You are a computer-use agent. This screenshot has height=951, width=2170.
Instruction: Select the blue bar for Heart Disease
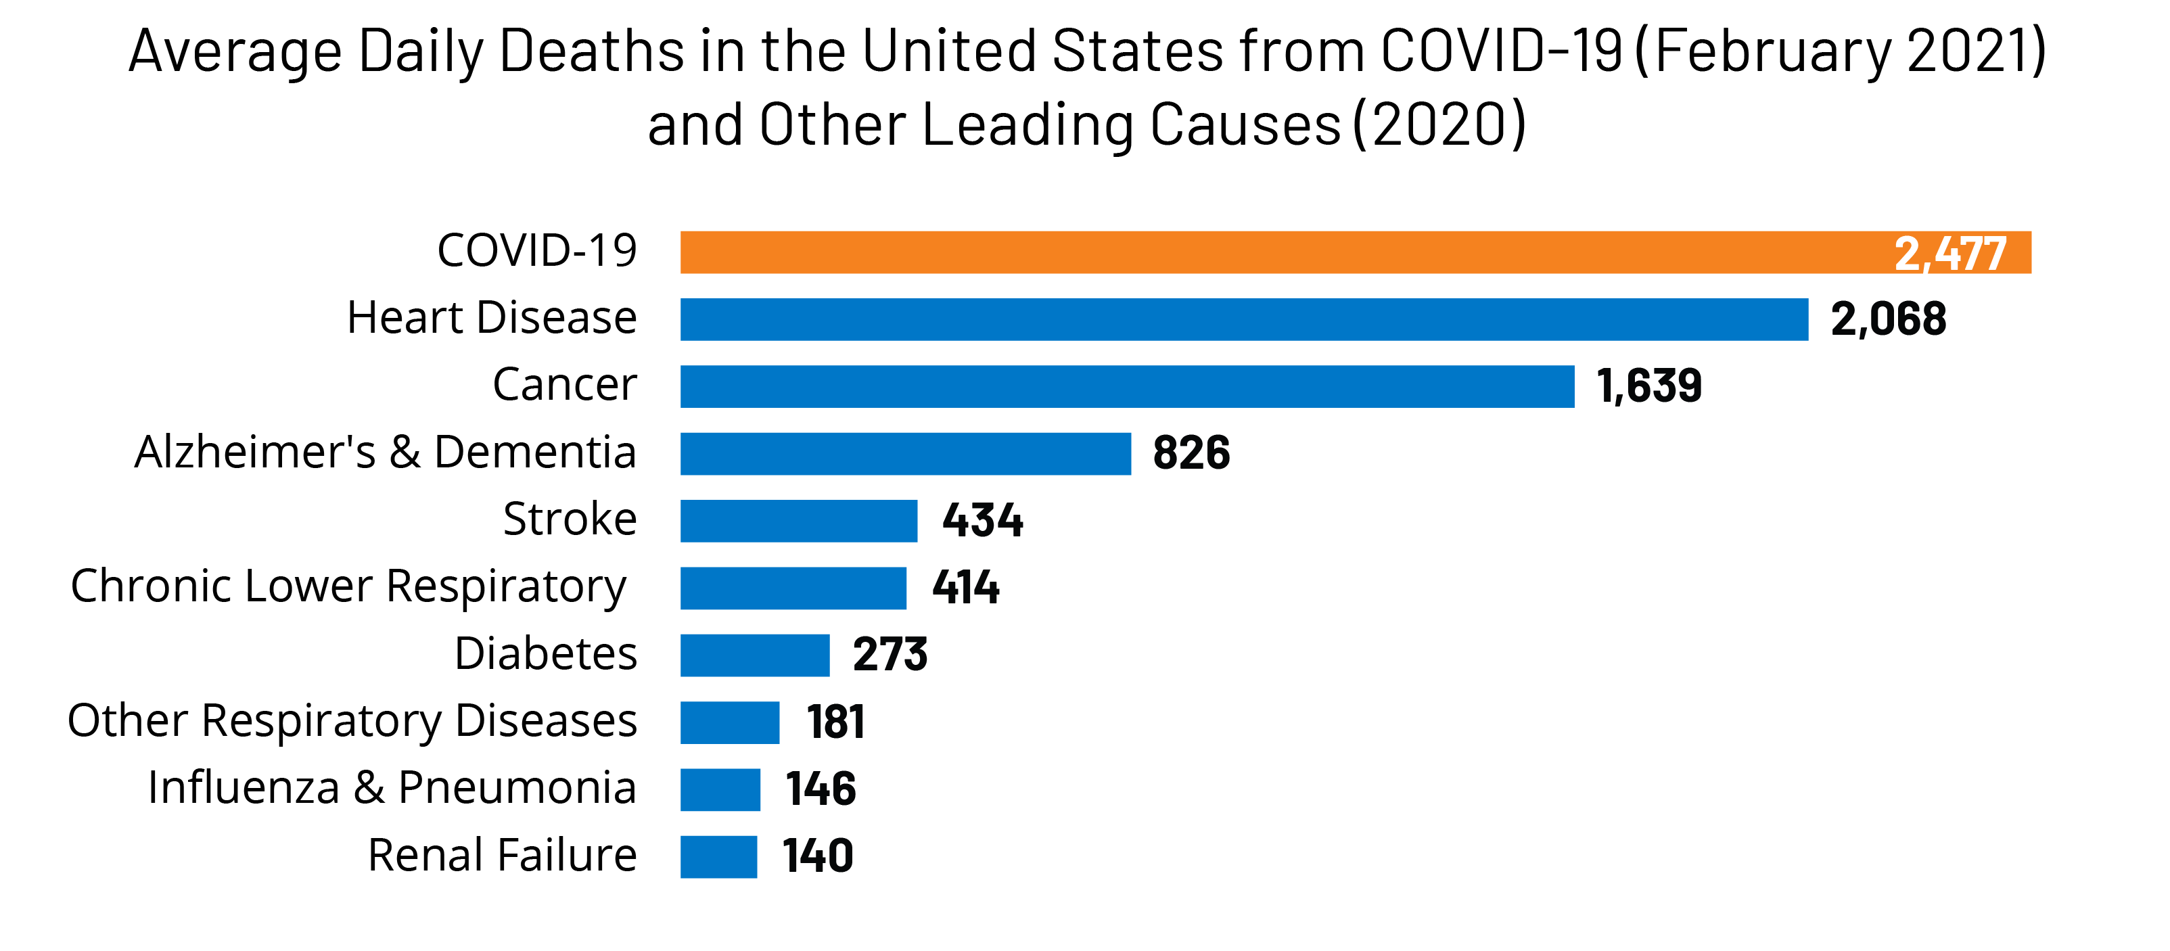pos(1243,319)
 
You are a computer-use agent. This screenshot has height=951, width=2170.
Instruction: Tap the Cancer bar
pos(1127,387)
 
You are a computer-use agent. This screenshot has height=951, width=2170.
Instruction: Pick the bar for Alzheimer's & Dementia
pos(906,454)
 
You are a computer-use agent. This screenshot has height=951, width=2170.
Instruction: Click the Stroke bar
pos(799,521)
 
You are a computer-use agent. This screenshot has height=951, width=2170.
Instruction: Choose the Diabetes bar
pos(755,655)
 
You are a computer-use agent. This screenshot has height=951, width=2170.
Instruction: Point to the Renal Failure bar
pos(718,857)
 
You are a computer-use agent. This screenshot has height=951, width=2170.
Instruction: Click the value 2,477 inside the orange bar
pos(1950,254)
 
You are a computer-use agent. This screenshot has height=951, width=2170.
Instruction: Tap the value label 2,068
pos(1889,319)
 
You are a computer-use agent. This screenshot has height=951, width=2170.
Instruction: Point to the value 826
pos(1191,453)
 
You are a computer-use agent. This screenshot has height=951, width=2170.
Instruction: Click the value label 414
pos(965,587)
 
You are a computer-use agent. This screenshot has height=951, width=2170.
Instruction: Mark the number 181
pos(835,722)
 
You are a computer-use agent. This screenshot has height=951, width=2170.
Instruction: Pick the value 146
pos(821,789)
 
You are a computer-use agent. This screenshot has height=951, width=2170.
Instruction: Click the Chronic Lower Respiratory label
pos(349,586)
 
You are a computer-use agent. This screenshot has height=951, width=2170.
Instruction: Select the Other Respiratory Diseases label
pos(352,721)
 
